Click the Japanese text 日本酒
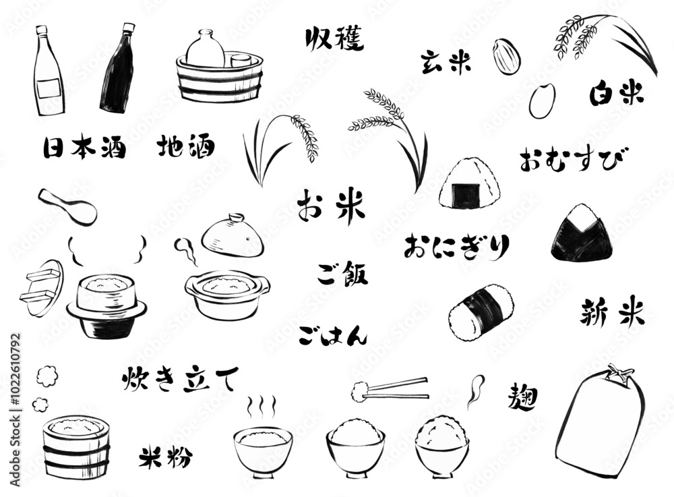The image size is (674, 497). pos(85,148)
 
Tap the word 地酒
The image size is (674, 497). pos(186,146)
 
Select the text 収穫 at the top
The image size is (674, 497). pos(334,38)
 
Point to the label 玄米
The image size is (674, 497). pos(446,62)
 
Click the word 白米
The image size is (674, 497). pos(617,93)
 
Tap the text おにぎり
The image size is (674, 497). pos(456,247)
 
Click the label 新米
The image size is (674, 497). pos(612,313)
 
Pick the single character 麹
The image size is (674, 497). pos(523,397)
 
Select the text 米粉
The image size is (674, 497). pos(165,457)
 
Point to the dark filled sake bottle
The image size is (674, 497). pos(117,68)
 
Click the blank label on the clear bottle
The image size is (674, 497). pos(49,89)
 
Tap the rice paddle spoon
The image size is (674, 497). pos(67,206)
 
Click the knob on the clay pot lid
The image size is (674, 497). pos(236,217)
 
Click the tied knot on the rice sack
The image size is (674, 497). pos(617,372)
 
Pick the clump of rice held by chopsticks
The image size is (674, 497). pos(359,392)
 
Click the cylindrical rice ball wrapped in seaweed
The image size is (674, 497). pos(481,312)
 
